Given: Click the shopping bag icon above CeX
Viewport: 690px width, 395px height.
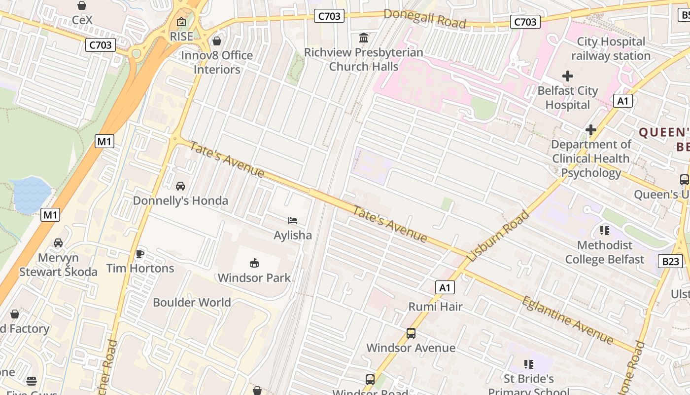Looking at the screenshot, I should coord(82,5).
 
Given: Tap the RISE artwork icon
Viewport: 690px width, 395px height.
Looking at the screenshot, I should coord(181,22).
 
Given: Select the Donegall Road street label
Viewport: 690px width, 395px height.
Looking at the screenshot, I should coord(424,18).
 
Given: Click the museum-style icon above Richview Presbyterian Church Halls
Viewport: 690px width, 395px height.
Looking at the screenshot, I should coord(364,38).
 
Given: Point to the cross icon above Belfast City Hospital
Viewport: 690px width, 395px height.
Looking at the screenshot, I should coord(568,76).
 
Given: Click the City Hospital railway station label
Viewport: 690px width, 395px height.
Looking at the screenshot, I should coord(611,49).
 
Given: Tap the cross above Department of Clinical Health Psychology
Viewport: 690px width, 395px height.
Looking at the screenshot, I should coord(590,130).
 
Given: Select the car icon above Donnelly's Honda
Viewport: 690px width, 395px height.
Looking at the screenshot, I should coord(180,186).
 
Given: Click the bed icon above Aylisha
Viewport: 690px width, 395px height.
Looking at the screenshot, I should coord(293,221).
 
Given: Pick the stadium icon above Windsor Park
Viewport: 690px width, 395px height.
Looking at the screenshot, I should coord(254,263).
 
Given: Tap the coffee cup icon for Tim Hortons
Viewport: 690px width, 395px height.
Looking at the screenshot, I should coord(140,254).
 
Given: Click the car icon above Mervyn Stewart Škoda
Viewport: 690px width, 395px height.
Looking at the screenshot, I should coord(58,243).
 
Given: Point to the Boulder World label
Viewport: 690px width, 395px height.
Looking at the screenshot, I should coord(192,302).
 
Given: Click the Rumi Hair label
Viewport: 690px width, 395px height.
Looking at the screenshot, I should coord(435,307).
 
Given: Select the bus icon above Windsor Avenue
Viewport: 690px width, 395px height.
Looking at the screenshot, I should coord(411,333).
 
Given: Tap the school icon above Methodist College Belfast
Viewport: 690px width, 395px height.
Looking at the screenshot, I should coord(605,231).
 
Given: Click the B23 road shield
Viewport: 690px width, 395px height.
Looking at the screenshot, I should coord(670,261).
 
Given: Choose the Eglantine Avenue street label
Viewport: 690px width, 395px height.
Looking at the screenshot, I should coord(567,320).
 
